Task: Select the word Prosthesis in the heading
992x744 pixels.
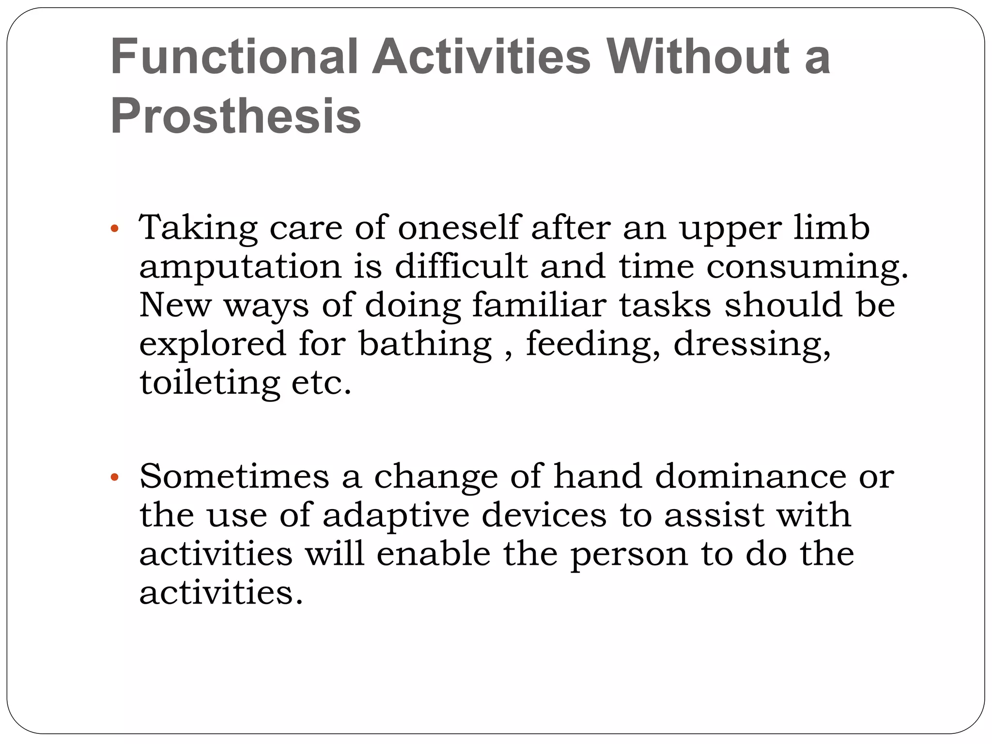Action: click(x=236, y=116)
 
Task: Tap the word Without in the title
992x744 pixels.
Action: click(x=697, y=57)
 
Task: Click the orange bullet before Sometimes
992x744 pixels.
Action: click(x=114, y=478)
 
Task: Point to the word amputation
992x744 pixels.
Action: click(x=240, y=267)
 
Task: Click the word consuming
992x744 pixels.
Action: click(x=807, y=267)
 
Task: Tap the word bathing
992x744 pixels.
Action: click(x=425, y=345)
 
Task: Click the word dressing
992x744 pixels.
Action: click(x=752, y=345)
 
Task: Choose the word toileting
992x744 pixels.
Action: click(x=210, y=384)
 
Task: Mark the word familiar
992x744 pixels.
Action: click(x=539, y=306)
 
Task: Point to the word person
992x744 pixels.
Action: click(x=629, y=555)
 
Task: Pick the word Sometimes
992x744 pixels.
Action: click(x=234, y=477)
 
